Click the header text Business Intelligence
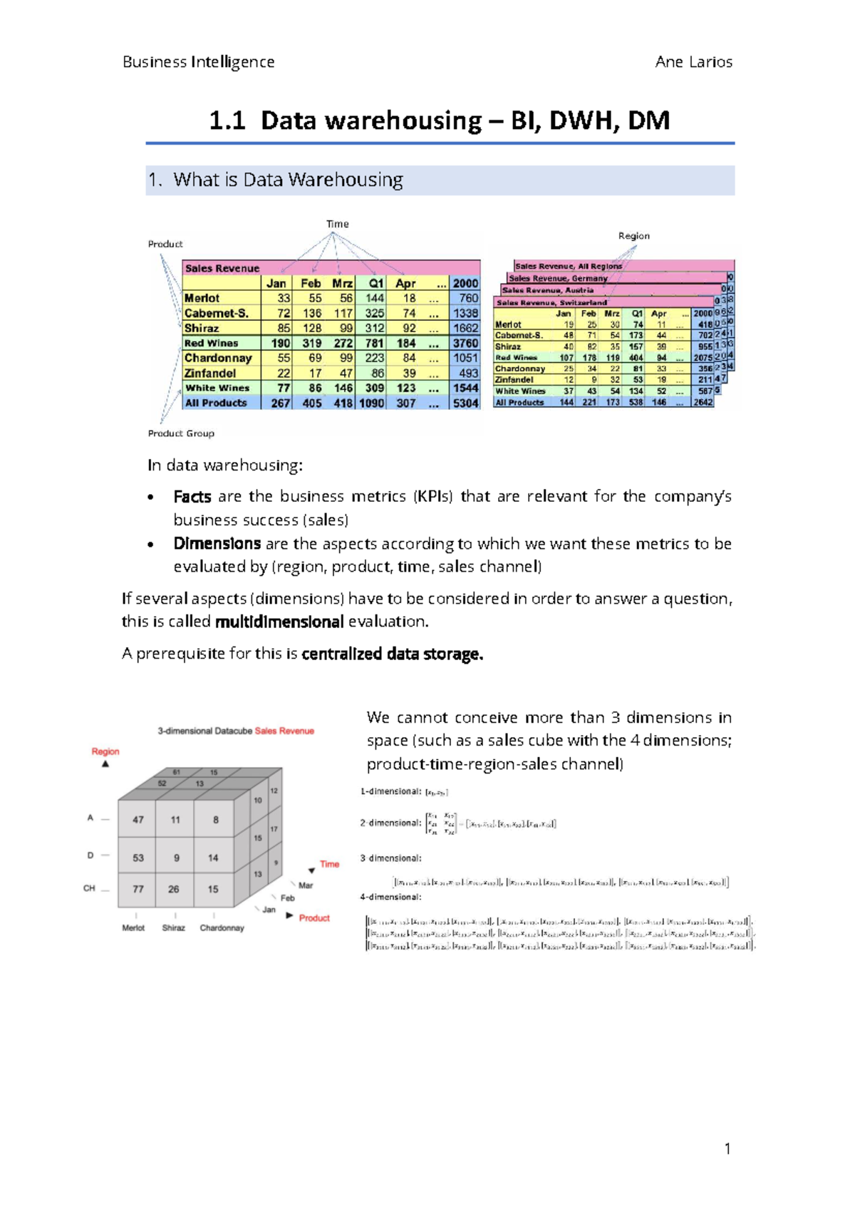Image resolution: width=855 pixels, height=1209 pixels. pos(198,62)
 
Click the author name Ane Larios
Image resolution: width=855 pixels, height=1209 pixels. pos(693,62)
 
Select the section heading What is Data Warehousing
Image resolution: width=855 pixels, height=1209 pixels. pos(287,180)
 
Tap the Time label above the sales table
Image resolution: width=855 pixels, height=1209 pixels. pos(338,224)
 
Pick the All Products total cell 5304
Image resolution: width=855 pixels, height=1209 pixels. pos(465,403)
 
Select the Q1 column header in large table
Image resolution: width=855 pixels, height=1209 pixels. pos(375,283)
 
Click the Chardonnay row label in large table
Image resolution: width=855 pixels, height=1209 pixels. pos(218,358)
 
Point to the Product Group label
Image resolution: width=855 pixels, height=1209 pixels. pos(181,433)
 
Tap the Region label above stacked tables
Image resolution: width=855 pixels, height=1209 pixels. pos(633,236)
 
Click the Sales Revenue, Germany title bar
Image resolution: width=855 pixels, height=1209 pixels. pos(558,278)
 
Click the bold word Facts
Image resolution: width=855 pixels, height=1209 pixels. pos(192,496)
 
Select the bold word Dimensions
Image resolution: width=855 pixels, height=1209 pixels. pos(217,543)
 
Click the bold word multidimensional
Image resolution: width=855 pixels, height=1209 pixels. pos(279,622)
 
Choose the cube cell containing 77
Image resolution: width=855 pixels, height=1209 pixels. pos(138,889)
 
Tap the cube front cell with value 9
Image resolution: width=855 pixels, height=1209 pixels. pos(177,858)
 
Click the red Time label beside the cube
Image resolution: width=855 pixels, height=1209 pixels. pos(329,864)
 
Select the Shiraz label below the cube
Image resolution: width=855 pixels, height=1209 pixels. pos(173,928)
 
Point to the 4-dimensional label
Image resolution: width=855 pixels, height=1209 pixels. pos(390,897)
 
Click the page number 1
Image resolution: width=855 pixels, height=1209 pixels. pos(727,1148)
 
